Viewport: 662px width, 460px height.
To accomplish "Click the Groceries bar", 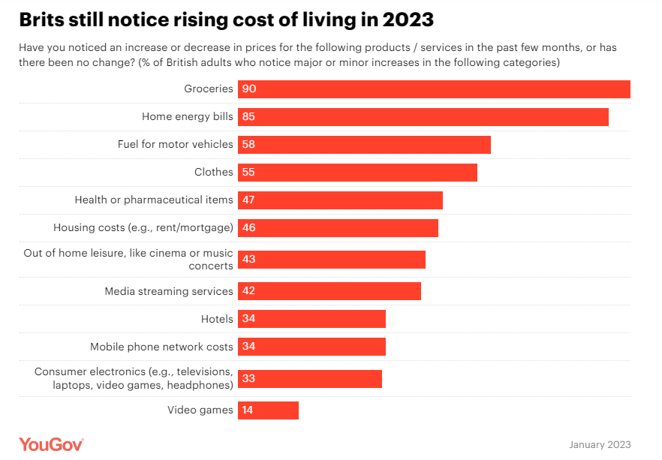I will pos(434,89).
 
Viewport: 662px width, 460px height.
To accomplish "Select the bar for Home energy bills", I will pos(423,117).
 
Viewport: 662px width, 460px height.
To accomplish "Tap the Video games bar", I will pos(268,410).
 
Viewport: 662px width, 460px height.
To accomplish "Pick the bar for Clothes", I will pos(357,173).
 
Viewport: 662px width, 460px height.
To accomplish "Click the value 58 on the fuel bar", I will pos(248,145).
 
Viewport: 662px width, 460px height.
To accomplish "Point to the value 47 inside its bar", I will pos(248,200).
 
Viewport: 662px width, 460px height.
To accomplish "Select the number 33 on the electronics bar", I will pos(248,379).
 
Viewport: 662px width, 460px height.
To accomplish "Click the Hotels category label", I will pos(217,319).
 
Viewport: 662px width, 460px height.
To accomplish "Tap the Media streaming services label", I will pos(169,291).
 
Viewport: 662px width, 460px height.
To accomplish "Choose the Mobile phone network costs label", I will pos(161,347).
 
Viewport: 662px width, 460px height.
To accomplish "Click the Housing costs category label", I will pos(143,227).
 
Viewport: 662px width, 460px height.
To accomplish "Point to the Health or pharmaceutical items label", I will pos(154,200).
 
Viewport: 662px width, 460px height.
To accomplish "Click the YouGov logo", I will pos(51,443).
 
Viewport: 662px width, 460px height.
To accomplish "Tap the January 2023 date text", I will pos(600,444).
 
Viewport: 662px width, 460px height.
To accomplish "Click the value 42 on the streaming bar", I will pos(248,291).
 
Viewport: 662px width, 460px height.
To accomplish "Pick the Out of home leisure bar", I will pos(332,260).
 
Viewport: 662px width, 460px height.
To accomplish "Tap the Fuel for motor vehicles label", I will pos(175,144).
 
